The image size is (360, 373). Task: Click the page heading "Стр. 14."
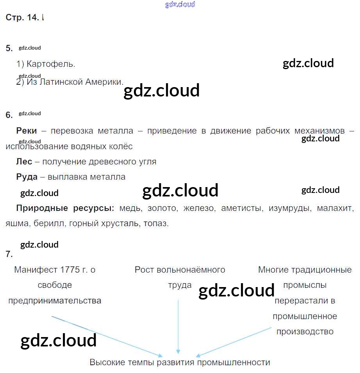pos(23,18)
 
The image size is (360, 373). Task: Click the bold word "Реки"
pos(27,131)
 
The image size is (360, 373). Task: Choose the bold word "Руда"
pos(27,177)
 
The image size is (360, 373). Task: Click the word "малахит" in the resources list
pos(335,208)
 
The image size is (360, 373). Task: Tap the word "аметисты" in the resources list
pos(241,208)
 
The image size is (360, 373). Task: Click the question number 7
pos(9,254)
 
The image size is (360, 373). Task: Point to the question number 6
pos(9,115)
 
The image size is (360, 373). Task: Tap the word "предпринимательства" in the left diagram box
pos(55,301)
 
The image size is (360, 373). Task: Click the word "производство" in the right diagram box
pos(305,332)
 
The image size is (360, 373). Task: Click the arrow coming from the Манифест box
pos(105,336)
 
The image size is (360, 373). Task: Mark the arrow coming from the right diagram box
pos(234,342)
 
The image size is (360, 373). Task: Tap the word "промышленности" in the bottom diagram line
pos(233,362)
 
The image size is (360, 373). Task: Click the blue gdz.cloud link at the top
pos(180,5)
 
